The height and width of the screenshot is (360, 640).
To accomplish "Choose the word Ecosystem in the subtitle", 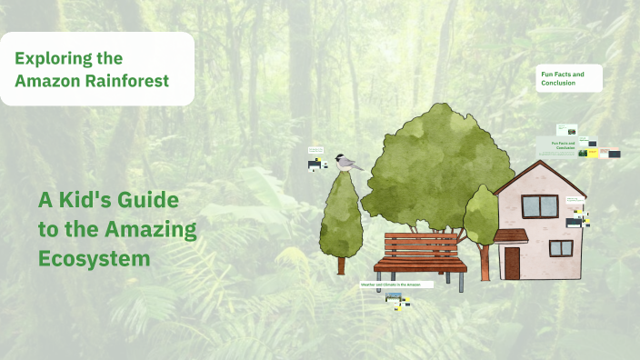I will pyautogui.click(x=94, y=258).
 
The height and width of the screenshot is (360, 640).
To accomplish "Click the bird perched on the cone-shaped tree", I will pyautogui.click(x=346, y=163).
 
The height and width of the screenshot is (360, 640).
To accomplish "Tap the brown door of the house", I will pyautogui.click(x=512, y=263).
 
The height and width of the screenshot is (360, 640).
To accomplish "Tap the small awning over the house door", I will pyautogui.click(x=511, y=235).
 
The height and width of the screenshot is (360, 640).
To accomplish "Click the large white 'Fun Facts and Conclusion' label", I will pyautogui.click(x=569, y=78).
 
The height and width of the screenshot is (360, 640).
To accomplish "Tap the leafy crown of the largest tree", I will pyautogui.click(x=436, y=164).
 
